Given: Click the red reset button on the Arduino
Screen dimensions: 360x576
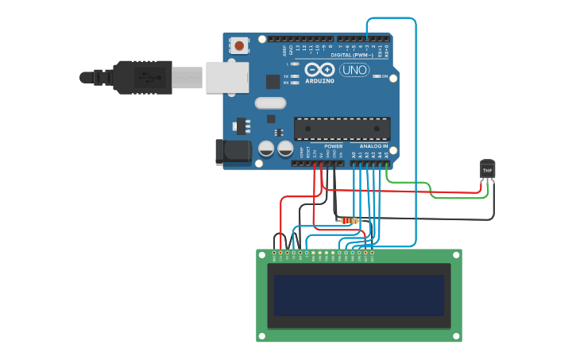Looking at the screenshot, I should [239, 46].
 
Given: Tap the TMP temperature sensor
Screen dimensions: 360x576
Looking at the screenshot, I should [487, 170].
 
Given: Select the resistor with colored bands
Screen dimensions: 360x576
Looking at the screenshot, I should [348, 220].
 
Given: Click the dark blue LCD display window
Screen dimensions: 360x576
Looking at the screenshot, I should [359, 295].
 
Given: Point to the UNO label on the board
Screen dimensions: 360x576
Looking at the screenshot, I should [354, 70].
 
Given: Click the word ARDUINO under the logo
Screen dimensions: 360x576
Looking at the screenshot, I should [319, 80].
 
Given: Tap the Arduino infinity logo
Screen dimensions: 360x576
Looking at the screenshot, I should [319, 69].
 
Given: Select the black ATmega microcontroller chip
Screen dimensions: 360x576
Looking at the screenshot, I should [342, 129].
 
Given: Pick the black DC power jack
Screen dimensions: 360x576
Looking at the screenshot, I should [230, 153].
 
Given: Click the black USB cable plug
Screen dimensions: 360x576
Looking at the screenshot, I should [143, 77].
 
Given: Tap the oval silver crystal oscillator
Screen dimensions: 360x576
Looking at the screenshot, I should [270, 103].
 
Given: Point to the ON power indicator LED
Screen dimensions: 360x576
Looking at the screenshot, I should [376, 76].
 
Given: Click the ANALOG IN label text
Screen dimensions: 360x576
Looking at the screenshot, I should [373, 146].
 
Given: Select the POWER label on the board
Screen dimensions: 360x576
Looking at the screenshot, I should [334, 146].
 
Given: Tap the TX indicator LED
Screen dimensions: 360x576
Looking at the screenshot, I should [296, 76].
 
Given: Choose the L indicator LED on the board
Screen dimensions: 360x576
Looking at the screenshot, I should [296, 64].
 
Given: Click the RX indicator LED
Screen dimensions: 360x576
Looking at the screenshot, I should [296, 82].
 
